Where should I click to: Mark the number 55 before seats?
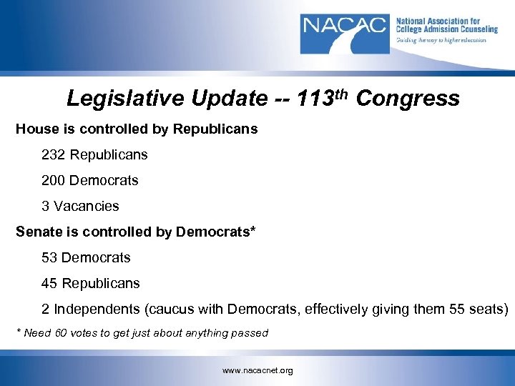[x=458, y=310]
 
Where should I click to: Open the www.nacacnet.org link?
[x=257, y=370]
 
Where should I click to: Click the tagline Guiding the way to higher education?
[x=441, y=40]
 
